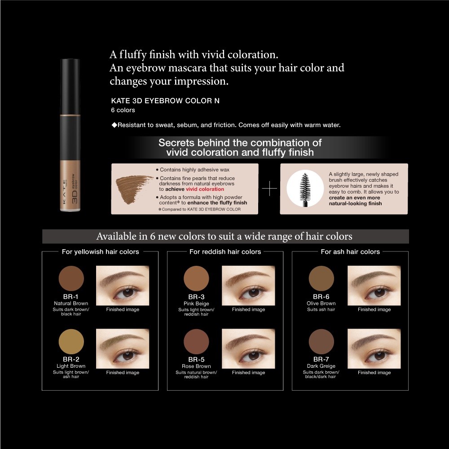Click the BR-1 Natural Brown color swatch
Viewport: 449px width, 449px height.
pyautogui.click(x=71, y=278)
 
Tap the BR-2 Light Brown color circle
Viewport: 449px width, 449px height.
pyautogui.click(x=71, y=341)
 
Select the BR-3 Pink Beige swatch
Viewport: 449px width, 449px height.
pyautogui.click(x=197, y=278)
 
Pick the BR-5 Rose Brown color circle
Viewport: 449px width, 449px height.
pyautogui.click(x=197, y=341)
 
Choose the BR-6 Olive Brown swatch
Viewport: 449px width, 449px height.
pyautogui.click(x=321, y=278)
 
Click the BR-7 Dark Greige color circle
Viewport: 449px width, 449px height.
pyautogui.click(x=321, y=341)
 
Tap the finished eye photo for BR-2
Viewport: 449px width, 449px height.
pyautogui.click(x=123, y=348)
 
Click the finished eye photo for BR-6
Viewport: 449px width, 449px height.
pyautogui.click(x=374, y=286)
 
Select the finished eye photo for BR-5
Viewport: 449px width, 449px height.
pyautogui.click(x=248, y=348)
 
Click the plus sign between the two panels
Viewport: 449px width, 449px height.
pyautogui.click(x=269, y=189)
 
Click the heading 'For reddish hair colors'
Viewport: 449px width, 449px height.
pyautogui.click(x=225, y=252)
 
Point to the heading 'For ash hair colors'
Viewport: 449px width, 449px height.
pyautogui.click(x=350, y=252)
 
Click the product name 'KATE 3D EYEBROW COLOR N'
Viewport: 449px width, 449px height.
pyautogui.click(x=165, y=101)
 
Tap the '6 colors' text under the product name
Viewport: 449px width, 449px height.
pyautogui.click(x=123, y=110)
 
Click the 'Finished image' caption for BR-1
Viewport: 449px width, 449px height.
pyautogui.click(x=123, y=309)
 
